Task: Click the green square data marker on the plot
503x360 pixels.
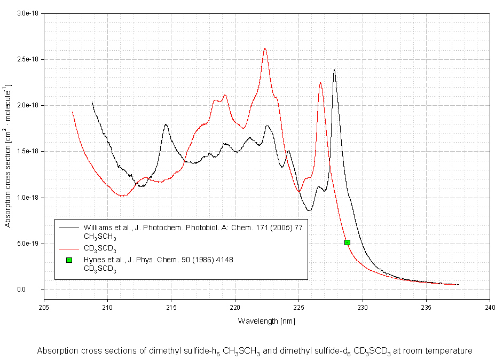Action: [x=347, y=242]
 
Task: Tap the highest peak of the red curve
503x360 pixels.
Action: [x=265, y=49]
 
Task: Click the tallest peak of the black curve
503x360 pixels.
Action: [x=334, y=70]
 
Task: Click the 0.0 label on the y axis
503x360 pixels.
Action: [x=36, y=289]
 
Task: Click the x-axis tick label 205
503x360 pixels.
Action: [x=44, y=307]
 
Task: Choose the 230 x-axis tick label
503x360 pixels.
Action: [x=363, y=307]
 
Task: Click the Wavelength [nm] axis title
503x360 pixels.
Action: [x=266, y=321]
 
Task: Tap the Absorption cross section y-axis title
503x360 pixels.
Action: [x=7, y=155]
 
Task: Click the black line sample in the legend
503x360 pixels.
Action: [x=68, y=227]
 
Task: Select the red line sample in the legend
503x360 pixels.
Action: [x=68, y=248]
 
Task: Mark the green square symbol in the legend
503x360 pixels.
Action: [x=68, y=260]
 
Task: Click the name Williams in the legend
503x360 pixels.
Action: [x=97, y=227]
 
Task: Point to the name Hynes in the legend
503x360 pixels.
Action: [x=94, y=260]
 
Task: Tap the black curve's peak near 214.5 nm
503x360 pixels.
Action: [x=166, y=124]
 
